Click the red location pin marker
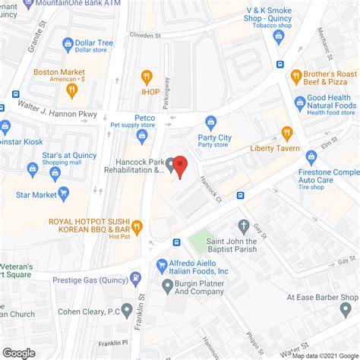(x=180, y=165)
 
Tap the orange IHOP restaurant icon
(x=147, y=76)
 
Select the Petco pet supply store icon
(x=142, y=134)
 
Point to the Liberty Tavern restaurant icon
(x=286, y=132)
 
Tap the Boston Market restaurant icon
(x=71, y=90)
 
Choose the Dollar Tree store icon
(x=68, y=44)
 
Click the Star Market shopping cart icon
(x=64, y=194)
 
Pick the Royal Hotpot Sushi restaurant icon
(x=137, y=226)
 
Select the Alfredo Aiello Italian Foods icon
(x=162, y=265)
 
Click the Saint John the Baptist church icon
(x=243, y=226)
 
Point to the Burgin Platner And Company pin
(x=167, y=286)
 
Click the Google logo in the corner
(x=19, y=352)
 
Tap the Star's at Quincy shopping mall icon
(x=55, y=172)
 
